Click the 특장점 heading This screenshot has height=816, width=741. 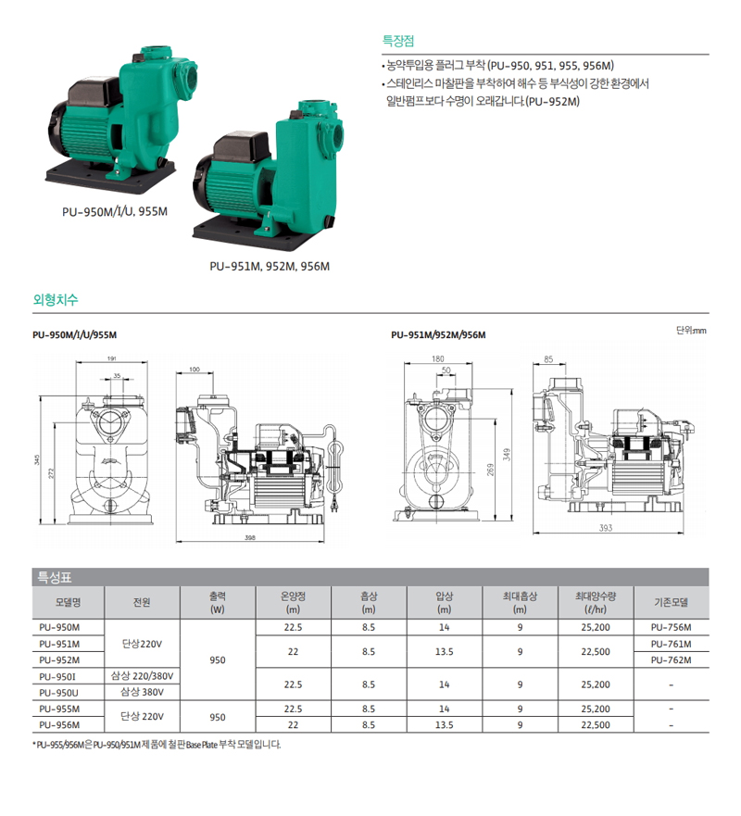398,41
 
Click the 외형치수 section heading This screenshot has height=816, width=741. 56,299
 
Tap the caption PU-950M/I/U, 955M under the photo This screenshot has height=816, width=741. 115,212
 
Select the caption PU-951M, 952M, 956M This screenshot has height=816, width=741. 270,267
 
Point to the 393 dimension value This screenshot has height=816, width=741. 606,528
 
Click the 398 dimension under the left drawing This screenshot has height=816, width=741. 250,537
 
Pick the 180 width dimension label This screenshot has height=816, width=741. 437,358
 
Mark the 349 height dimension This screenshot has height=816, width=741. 507,455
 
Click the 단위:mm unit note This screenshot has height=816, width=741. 691,331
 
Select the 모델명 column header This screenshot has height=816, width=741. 69,602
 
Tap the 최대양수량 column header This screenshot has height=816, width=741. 596,602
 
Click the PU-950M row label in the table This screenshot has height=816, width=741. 59,627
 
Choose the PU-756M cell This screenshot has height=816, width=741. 671,627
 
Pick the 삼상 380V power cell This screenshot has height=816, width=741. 142,692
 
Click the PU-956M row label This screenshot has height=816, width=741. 59,725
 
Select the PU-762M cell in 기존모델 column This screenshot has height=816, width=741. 671,659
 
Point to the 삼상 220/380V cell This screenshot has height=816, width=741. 142,676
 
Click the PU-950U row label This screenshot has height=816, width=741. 59,693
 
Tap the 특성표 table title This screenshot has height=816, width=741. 54,577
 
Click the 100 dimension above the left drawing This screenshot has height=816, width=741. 195,370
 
